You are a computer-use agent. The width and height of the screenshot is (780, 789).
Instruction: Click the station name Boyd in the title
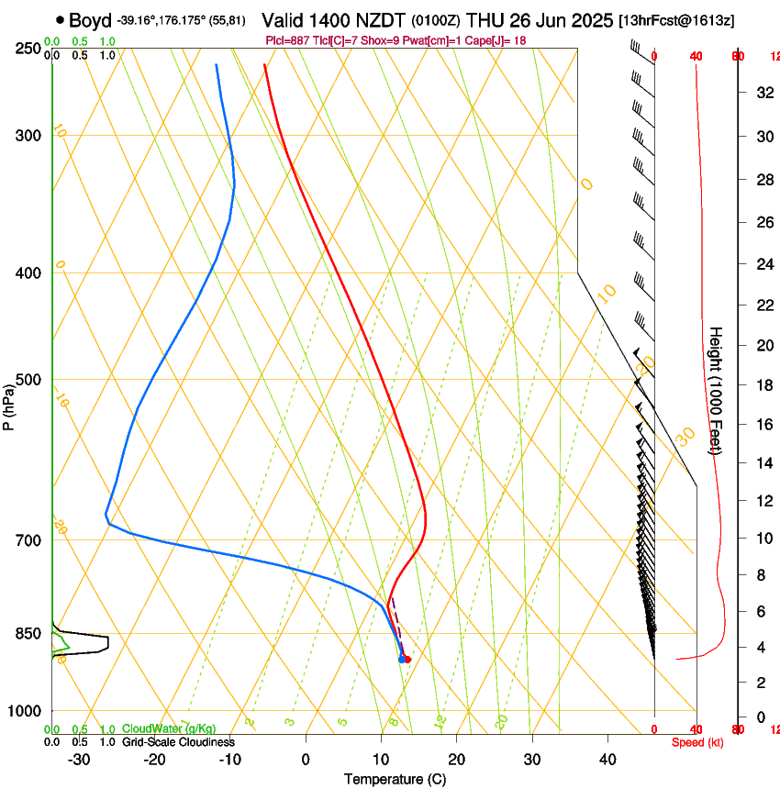click(90, 20)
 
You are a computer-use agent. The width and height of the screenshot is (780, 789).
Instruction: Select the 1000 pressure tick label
click(26, 711)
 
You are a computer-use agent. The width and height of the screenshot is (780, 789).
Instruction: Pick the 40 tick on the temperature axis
click(607, 760)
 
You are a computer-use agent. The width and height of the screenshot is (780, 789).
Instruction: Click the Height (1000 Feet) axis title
click(716, 391)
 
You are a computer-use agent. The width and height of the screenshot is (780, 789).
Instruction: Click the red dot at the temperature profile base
click(407, 659)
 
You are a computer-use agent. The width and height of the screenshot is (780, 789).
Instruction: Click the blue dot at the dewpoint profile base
click(401, 659)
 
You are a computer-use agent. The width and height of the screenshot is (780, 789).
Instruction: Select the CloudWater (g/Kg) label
click(163, 729)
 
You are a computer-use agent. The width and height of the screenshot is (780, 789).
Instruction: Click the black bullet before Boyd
click(60, 20)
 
